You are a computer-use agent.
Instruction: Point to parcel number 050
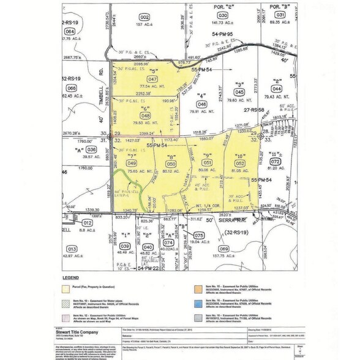[x=172, y=164]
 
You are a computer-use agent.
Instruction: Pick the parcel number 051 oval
[x=208, y=163]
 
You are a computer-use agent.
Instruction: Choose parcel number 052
[x=240, y=163]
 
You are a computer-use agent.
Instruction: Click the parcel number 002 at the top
[x=144, y=16]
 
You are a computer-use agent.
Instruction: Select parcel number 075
[x=198, y=235]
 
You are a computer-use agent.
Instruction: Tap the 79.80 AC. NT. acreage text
[x=241, y=99]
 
